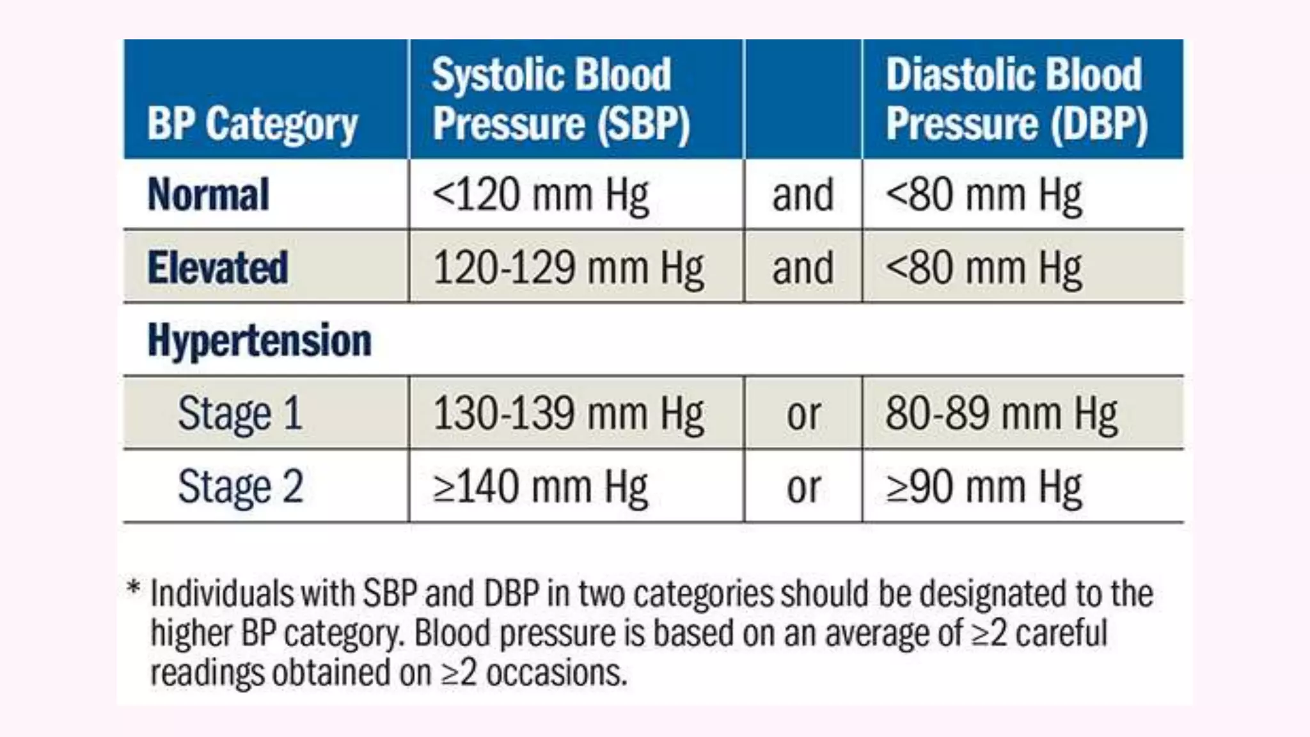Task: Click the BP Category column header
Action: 252,123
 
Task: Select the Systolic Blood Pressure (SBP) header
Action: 560,99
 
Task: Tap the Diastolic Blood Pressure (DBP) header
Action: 1016,99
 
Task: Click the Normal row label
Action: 209,194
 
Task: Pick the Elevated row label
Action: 217,267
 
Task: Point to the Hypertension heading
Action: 259,340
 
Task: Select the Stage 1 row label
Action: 240,413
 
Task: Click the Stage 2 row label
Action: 240,486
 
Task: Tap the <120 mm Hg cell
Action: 541,194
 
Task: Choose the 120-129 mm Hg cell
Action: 569,267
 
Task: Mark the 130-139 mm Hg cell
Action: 569,413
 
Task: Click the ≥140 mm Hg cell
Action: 541,487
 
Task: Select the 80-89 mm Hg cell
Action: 1001,413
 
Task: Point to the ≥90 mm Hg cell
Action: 984,487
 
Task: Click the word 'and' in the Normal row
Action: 803,194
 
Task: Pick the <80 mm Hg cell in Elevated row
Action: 984,267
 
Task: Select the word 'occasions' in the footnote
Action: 556,673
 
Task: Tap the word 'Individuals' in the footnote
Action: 221,593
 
